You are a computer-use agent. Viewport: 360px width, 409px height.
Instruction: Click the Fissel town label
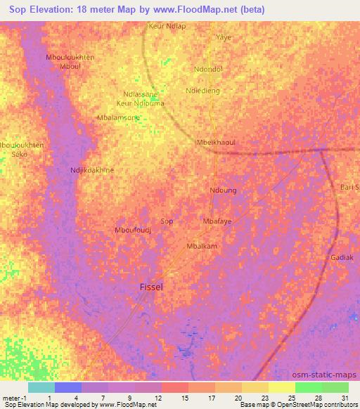pyautogui.click(x=152, y=287)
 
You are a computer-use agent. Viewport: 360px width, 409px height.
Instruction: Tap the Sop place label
pyautogui.click(x=167, y=221)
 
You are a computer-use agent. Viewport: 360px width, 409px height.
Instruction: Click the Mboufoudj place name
pyautogui.click(x=133, y=230)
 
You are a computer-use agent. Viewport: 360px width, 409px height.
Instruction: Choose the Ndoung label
pyautogui.click(x=223, y=190)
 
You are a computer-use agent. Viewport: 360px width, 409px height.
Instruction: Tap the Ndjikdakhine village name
pyautogui.click(x=92, y=170)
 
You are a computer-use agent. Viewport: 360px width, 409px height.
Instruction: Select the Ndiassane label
pyautogui.click(x=141, y=93)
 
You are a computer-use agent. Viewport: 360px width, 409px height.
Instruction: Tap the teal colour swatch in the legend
pyautogui.click(x=40, y=387)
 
